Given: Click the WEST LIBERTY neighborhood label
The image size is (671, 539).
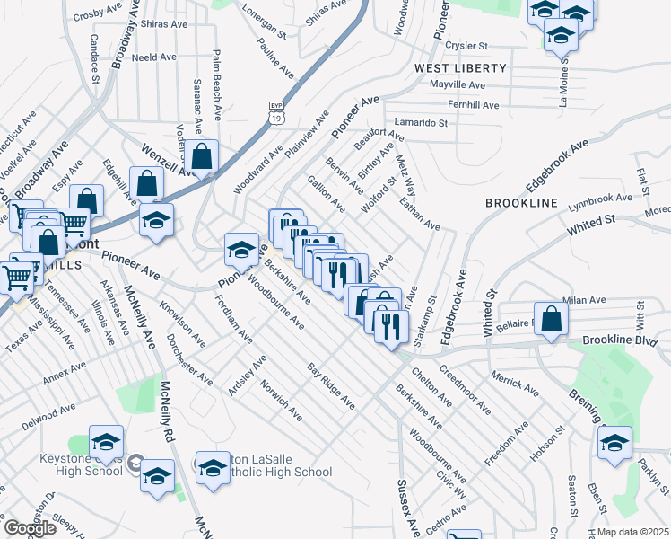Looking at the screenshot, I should click(x=460, y=68).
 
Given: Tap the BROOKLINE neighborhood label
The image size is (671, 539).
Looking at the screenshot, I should click(x=521, y=204).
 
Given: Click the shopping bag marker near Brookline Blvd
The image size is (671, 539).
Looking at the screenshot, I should click(x=553, y=319).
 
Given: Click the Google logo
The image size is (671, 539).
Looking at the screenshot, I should click(x=30, y=528).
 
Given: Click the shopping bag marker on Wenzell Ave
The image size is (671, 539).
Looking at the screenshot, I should click(x=204, y=155).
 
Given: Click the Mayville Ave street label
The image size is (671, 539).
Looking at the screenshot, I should click(x=457, y=85).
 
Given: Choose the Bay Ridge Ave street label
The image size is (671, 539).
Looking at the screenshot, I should click(x=331, y=387).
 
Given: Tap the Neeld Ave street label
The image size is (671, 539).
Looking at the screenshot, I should click(x=154, y=57).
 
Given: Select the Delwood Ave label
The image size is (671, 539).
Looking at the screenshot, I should click(x=49, y=416).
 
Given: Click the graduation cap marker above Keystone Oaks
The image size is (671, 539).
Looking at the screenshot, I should click(x=106, y=441).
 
